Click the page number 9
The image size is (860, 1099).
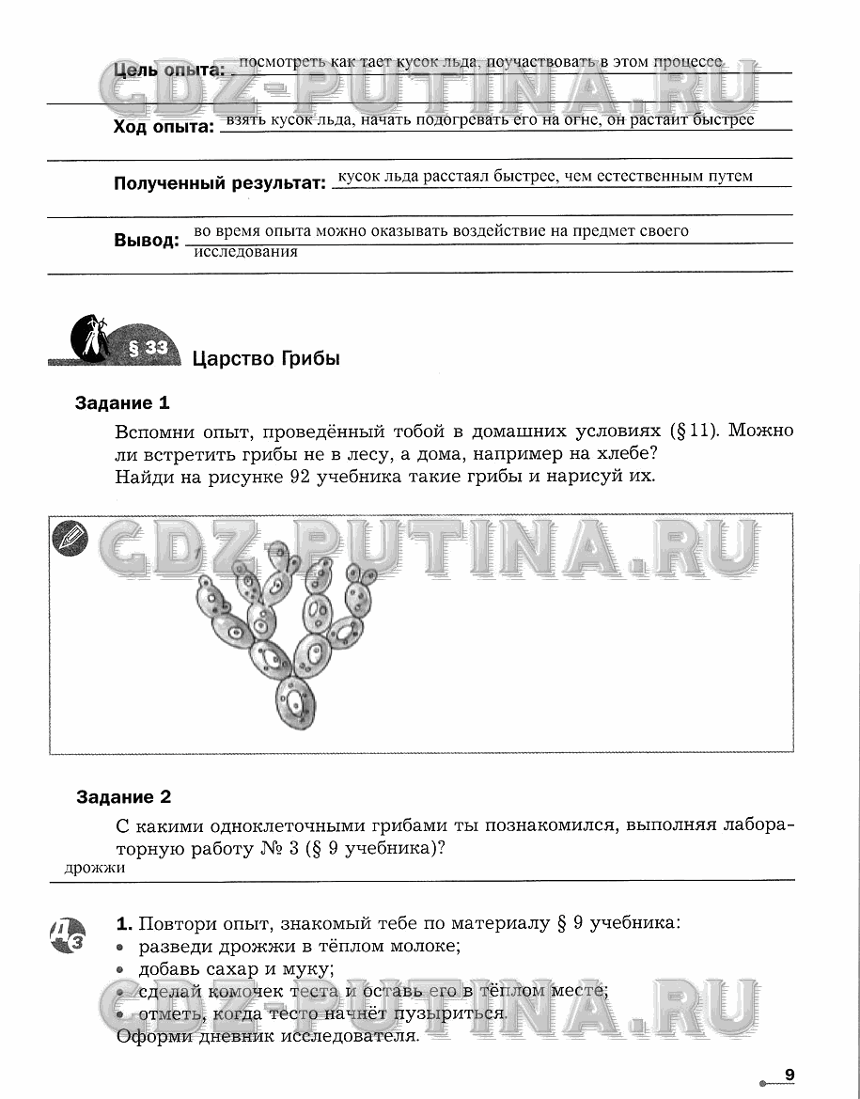click(x=790, y=1075)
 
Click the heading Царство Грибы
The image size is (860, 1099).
click(x=266, y=358)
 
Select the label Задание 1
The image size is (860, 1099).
click(x=122, y=403)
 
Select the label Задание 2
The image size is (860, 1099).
click(x=123, y=797)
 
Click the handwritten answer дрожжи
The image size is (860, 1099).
click(x=95, y=868)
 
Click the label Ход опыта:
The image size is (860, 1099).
click(x=164, y=127)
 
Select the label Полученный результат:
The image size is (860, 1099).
click(x=219, y=183)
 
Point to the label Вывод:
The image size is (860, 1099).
click(x=146, y=241)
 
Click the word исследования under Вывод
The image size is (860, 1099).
click(x=245, y=252)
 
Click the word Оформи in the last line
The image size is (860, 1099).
click(x=149, y=1036)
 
